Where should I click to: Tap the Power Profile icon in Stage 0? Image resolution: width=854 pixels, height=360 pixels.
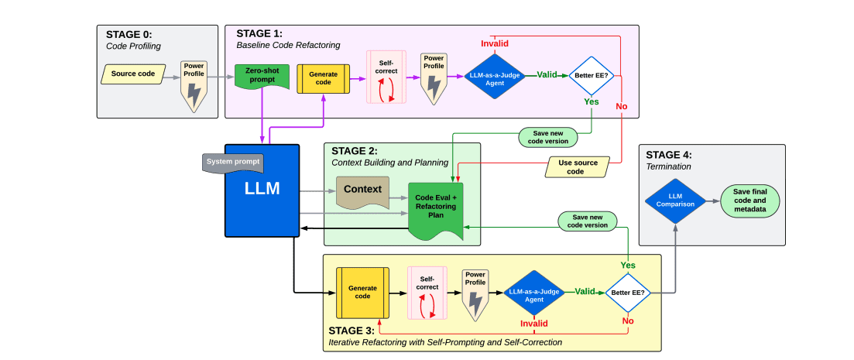(x=194, y=86)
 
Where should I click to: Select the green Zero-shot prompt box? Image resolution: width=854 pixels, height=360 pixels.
(x=262, y=76)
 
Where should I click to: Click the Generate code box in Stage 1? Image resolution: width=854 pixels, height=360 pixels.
(x=323, y=77)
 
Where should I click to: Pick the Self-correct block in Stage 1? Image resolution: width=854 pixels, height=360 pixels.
(x=386, y=77)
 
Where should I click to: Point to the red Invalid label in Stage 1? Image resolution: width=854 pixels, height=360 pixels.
(x=495, y=43)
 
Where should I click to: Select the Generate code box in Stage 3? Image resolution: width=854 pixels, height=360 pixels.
(x=362, y=293)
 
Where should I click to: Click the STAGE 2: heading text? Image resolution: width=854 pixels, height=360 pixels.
(x=354, y=150)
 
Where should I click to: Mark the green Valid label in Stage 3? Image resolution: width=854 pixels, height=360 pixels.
(x=585, y=292)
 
